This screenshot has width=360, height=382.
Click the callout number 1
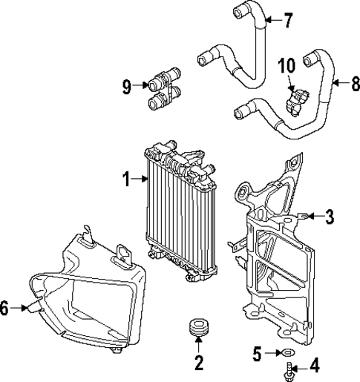tap(126, 178)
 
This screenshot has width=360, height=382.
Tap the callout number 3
tap(330, 216)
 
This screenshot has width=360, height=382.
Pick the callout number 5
tap(258, 353)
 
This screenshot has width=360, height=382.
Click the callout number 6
tap(6, 308)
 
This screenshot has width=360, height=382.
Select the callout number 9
tap(128, 88)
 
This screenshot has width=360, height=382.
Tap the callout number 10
tap(287, 67)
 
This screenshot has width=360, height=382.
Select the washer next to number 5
tap(289, 353)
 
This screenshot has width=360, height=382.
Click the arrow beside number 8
tap(337, 82)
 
